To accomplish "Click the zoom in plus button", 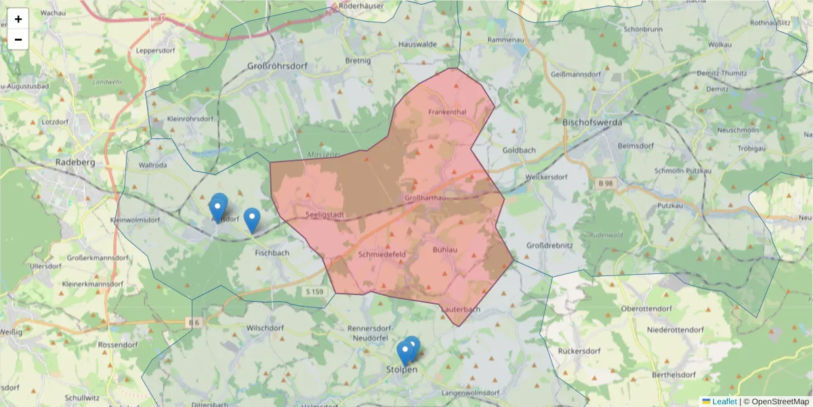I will (18, 19).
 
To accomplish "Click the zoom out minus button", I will (18, 39).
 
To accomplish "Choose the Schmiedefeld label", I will (381, 255).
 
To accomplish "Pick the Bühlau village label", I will (444, 250).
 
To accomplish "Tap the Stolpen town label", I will (402, 370).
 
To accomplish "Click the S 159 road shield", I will (315, 292).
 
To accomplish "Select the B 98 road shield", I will (607, 183).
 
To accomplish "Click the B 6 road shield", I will (194, 323).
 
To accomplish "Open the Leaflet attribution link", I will (724, 402).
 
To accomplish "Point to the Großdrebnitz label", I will (549, 246).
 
